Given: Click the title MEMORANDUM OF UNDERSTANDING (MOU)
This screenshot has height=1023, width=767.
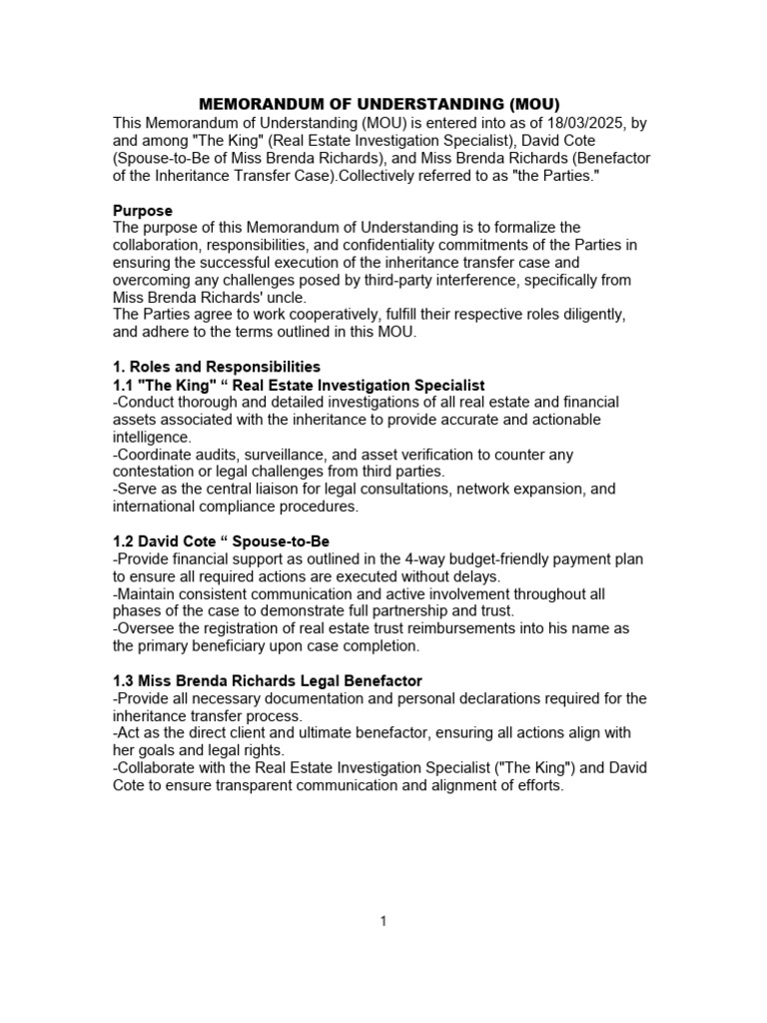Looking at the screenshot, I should tap(381, 104).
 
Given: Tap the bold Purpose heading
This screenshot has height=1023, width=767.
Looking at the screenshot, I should tap(142, 211).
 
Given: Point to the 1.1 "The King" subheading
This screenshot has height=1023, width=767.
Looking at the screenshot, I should tap(299, 385).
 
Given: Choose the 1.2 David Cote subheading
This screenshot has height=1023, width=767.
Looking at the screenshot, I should tap(221, 541).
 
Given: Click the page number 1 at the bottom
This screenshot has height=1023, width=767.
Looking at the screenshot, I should tap(383, 921).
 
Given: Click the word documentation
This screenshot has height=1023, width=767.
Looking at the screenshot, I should tap(281, 698).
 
